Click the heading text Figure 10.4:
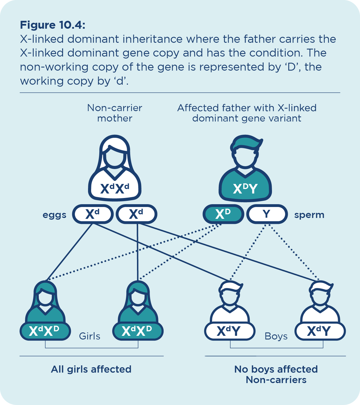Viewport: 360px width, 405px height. pyautogui.click(x=53, y=25)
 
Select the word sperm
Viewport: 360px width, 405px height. pyautogui.click(x=309, y=215)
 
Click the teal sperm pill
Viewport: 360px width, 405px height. pyautogui.click(x=223, y=214)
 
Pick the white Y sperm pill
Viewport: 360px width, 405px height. pyautogui.click(x=267, y=214)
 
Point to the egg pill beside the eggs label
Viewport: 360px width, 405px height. pyautogui.click(x=93, y=214)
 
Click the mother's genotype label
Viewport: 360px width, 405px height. pyautogui.click(x=115, y=188)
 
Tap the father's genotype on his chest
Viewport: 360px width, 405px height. pyautogui.click(x=245, y=188)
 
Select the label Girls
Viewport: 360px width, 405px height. pyautogui.click(x=89, y=336)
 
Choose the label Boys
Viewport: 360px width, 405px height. pyautogui.click(x=276, y=336)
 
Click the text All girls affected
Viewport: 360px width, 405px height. pyautogui.click(x=91, y=369)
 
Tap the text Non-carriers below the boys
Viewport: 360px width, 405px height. pyautogui.click(x=276, y=380)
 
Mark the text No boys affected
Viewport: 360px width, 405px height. pyautogui.click(x=276, y=369)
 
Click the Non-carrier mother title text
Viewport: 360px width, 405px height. pyautogui.click(x=115, y=113)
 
